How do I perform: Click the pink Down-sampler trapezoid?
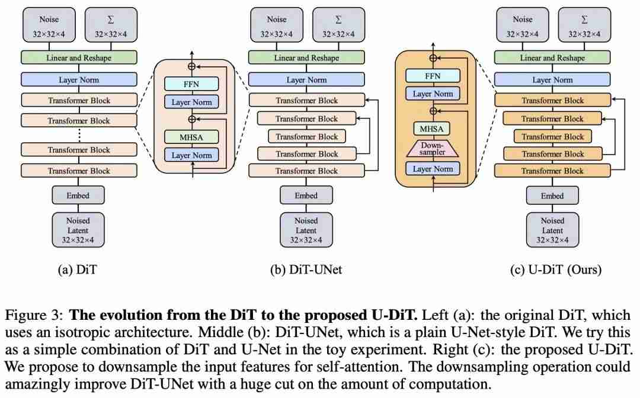point(432,149)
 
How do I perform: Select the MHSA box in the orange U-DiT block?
point(431,129)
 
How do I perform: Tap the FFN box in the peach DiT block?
point(191,84)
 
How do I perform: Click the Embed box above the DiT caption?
point(78,195)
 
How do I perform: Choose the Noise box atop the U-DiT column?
point(523,24)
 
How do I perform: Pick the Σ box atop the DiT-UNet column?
point(338,24)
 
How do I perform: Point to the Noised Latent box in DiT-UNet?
point(306,230)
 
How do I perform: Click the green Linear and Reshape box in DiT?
point(79,57)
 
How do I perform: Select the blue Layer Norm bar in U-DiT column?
point(552,79)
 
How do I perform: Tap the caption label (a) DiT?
point(77,269)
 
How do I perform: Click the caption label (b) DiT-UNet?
point(306,269)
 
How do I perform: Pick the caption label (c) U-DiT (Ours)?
point(555,269)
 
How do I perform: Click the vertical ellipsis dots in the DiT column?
point(79,135)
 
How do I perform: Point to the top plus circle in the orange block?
point(433,58)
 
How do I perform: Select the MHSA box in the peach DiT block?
point(191,137)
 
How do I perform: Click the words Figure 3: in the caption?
point(34,315)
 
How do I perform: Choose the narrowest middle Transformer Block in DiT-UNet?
point(306,137)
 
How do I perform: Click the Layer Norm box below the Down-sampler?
point(433,169)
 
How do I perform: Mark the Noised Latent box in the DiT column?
point(78,230)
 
